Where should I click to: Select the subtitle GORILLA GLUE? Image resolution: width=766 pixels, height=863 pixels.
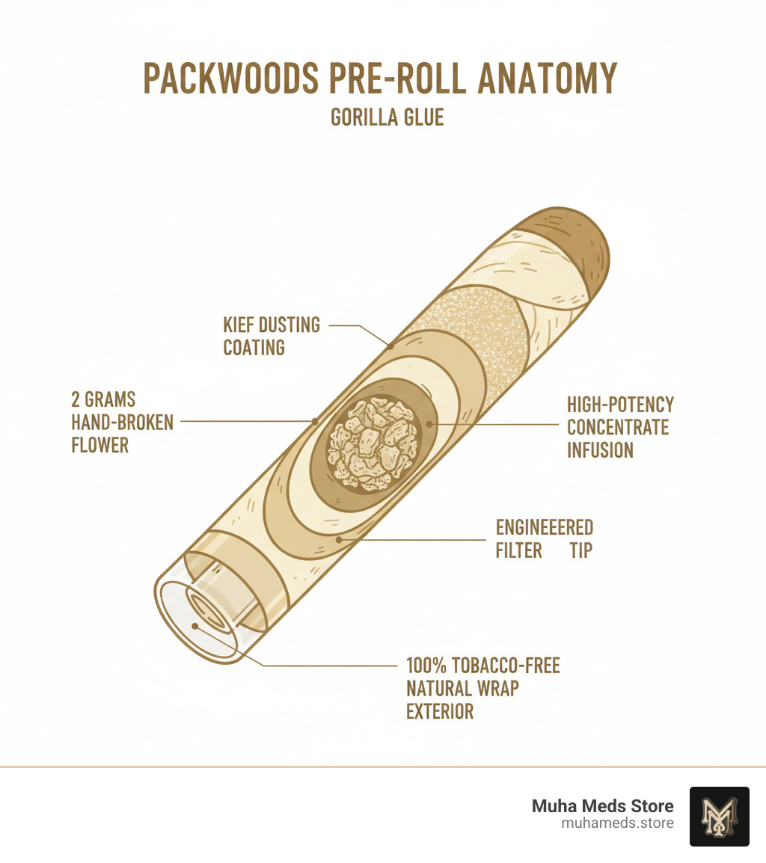(x=387, y=118)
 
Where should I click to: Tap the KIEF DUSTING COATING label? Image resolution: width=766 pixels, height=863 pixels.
(x=272, y=336)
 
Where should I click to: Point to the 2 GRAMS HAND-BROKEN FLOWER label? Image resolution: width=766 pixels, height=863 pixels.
(x=122, y=422)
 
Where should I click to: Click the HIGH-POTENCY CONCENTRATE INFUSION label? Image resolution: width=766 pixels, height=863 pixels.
(x=620, y=427)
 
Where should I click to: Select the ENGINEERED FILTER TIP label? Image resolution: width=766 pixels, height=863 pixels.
(x=545, y=538)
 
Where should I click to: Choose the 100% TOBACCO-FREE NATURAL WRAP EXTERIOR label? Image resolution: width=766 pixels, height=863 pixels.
(x=482, y=688)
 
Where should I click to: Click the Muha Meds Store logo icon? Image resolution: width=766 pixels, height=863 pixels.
(x=719, y=816)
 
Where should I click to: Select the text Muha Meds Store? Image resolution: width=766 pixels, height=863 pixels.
(x=602, y=806)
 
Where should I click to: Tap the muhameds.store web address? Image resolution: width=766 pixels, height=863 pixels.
(x=617, y=823)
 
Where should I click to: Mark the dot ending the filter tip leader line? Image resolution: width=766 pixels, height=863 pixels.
(x=339, y=538)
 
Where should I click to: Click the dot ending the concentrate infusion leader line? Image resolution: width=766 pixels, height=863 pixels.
(x=429, y=424)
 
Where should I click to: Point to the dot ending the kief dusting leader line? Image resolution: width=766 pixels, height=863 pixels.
(x=390, y=345)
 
